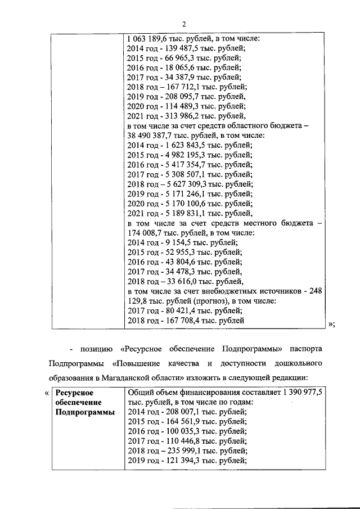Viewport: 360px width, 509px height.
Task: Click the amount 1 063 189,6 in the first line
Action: point(149,39)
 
